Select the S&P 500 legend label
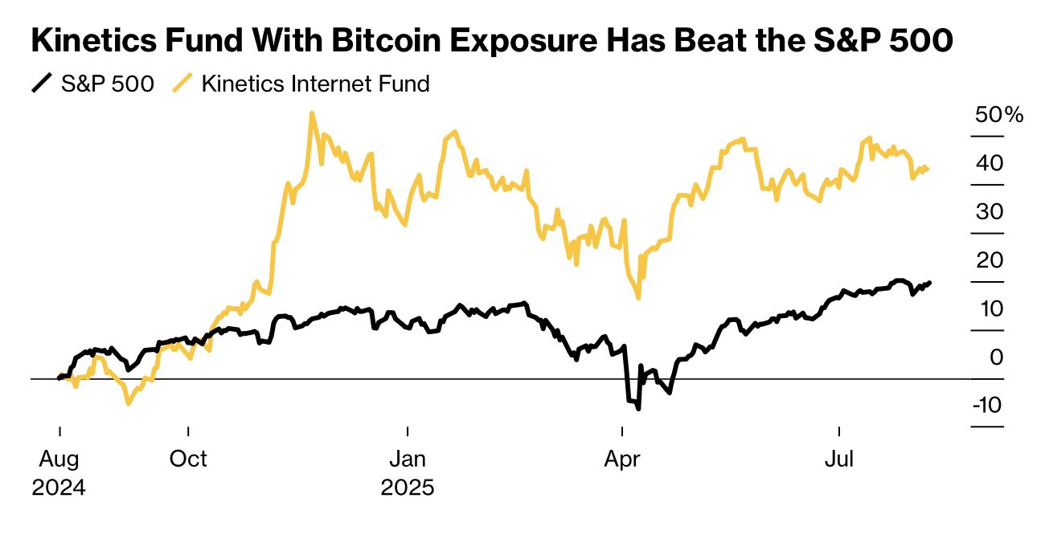pyautogui.click(x=108, y=83)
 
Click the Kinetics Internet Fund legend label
pyautogui.click(x=315, y=83)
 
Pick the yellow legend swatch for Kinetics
pyautogui.click(x=183, y=83)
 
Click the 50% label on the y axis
pyautogui.click(x=999, y=115)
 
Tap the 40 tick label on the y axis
pyautogui.click(x=990, y=163)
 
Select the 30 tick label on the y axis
pyautogui.click(x=990, y=211)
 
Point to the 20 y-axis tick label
pyautogui.click(x=990, y=259)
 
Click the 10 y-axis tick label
pyautogui.click(x=990, y=308)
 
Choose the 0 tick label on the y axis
pyautogui.click(x=997, y=356)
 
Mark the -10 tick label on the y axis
pyautogui.click(x=986, y=404)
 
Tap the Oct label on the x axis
pyautogui.click(x=187, y=459)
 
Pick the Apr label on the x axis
pyautogui.click(x=621, y=459)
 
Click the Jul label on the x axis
pyautogui.click(x=839, y=459)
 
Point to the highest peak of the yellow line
pyautogui.click(x=311, y=113)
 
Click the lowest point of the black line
pyautogui.click(x=638, y=409)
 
